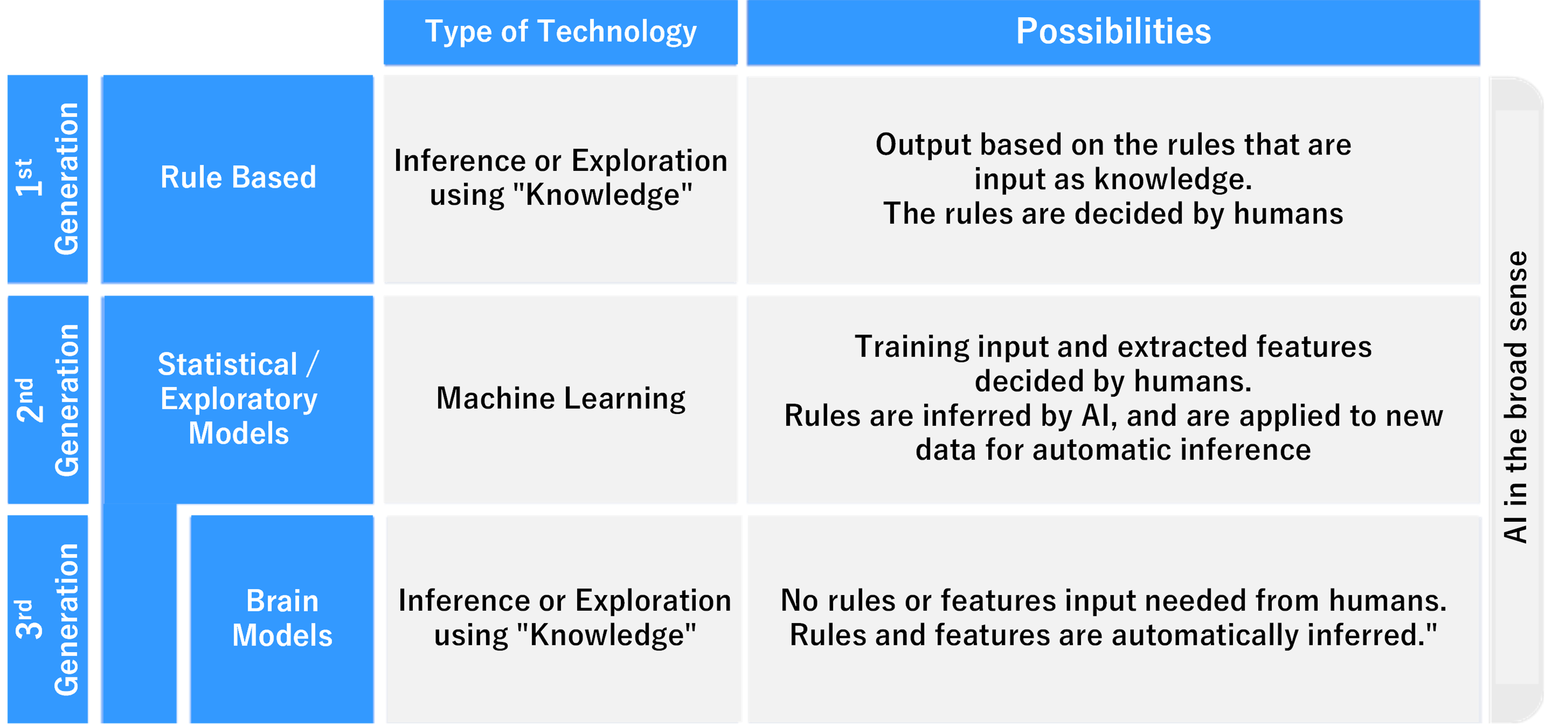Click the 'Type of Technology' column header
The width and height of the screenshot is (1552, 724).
[x=560, y=32]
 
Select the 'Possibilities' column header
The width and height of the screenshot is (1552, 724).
[x=1113, y=32]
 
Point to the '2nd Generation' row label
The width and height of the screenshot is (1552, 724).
[x=48, y=400]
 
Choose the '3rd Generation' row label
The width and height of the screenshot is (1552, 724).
[x=48, y=619]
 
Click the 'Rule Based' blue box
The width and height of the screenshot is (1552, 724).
[x=238, y=179]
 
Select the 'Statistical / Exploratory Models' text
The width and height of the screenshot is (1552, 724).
[x=239, y=399]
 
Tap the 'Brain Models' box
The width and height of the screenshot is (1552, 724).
[x=282, y=619]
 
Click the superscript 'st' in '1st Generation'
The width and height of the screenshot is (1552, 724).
[x=24, y=170]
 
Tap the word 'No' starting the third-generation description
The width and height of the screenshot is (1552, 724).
[x=799, y=601]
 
